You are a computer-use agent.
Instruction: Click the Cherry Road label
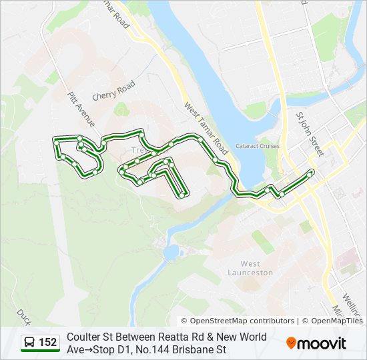tap(113, 91)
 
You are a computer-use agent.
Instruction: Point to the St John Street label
tap(309, 134)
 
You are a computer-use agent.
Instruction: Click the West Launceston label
tap(250, 268)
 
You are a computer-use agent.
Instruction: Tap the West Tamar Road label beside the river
tap(207, 129)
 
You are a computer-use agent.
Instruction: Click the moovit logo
tap(316, 343)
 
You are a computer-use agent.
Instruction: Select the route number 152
tap(47, 343)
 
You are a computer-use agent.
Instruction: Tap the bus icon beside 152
tap(30, 343)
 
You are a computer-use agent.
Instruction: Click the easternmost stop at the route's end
tap(311, 173)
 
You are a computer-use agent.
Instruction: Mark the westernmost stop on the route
tap(56, 141)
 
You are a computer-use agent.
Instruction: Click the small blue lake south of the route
tap(171, 252)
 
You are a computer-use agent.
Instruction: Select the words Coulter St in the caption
tap(87, 337)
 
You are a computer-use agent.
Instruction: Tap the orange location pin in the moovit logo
tap(292, 343)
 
